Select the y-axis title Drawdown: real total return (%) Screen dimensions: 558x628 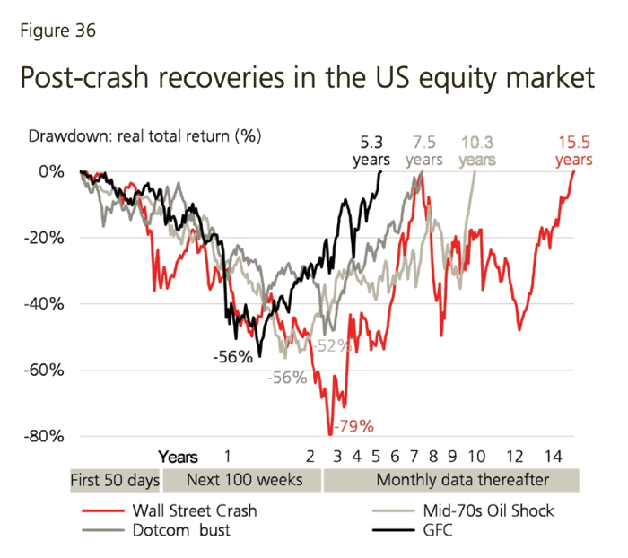coord(144,137)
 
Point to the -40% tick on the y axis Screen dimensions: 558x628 coord(46,303)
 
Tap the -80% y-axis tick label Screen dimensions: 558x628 coord(46,436)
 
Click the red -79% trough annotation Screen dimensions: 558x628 coord(353,425)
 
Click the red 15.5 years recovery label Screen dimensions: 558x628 coord(573,151)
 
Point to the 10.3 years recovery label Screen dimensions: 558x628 coord(477,151)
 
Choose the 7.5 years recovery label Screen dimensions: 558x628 coord(423,151)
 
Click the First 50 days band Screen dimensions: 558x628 coord(115,481)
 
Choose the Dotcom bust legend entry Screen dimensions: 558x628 coord(184,529)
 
